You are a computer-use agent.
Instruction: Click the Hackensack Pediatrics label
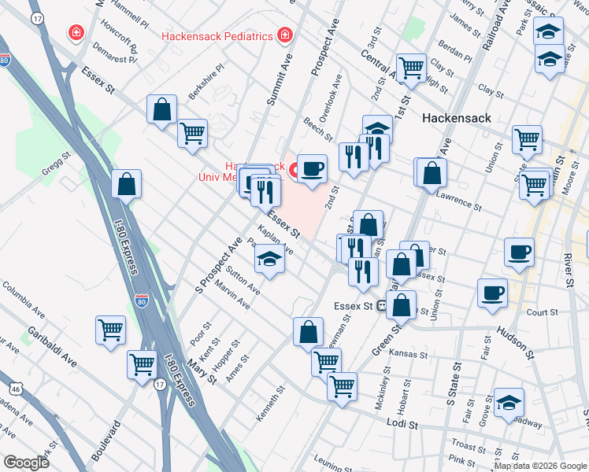coord(217,35)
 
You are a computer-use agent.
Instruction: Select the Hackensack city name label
coord(457,118)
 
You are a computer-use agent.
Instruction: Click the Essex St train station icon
coord(382,306)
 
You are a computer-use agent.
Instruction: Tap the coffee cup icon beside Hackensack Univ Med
coord(312,168)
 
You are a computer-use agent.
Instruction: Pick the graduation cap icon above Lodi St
coord(509,403)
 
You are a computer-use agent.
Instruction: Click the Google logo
coord(26,463)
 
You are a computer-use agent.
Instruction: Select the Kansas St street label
coord(407,355)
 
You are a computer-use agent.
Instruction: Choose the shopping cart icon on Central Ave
coord(411,68)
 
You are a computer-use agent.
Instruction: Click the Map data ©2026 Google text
coord(540,466)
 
